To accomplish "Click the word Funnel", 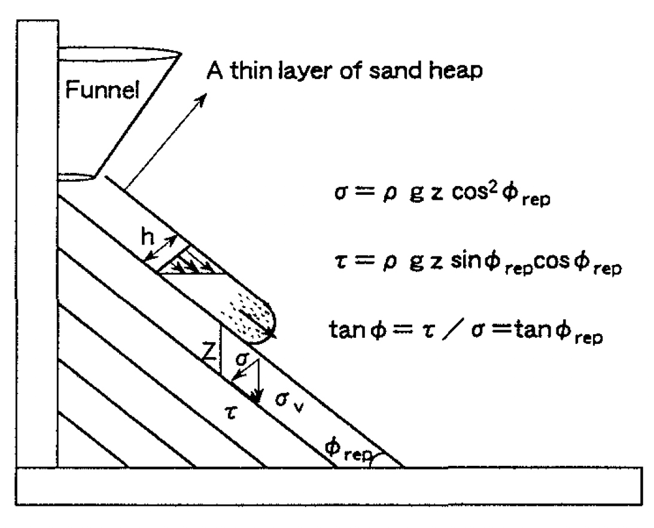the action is coord(102,89).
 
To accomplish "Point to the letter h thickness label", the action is coord(147,237).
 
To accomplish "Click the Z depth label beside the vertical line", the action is coord(210,353).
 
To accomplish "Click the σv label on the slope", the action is coord(288,401).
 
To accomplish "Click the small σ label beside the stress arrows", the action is coord(242,358).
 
